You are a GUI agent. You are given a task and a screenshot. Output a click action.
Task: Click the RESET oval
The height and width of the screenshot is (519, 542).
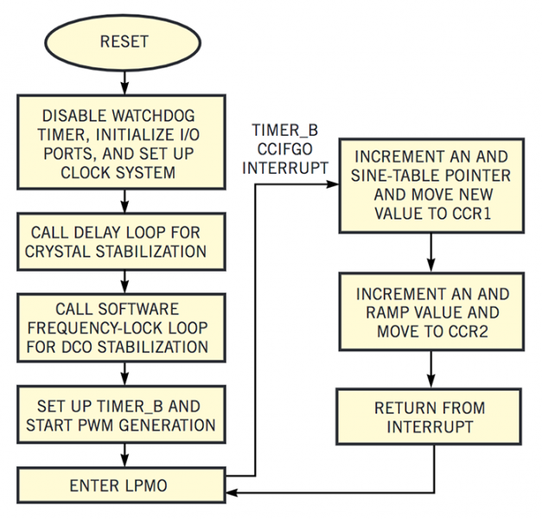[x=123, y=42]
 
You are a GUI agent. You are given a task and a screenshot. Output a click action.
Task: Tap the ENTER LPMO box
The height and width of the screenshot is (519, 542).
[x=121, y=485]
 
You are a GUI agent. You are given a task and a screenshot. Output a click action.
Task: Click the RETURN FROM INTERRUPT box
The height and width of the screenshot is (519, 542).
[x=429, y=417]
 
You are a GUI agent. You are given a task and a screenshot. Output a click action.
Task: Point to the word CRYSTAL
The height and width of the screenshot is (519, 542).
[x=58, y=252]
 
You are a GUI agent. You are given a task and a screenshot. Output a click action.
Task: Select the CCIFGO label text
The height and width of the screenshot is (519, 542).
[x=285, y=149]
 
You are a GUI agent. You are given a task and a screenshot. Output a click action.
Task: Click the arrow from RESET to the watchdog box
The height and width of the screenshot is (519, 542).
[x=125, y=83]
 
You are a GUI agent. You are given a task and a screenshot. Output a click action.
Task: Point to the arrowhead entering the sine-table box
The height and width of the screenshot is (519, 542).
[x=333, y=184]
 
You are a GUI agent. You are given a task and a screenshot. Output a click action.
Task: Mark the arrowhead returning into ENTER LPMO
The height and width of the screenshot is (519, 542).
[x=232, y=492]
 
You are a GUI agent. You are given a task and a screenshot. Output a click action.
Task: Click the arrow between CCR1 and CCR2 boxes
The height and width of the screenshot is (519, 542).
[x=430, y=253]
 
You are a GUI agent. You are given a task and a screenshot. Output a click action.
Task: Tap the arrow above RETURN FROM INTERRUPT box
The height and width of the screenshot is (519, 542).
[x=430, y=369]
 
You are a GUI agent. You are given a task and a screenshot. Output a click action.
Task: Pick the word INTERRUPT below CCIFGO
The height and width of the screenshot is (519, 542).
[x=285, y=168]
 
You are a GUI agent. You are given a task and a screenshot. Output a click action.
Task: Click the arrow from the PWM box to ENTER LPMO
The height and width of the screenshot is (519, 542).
[x=125, y=455]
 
